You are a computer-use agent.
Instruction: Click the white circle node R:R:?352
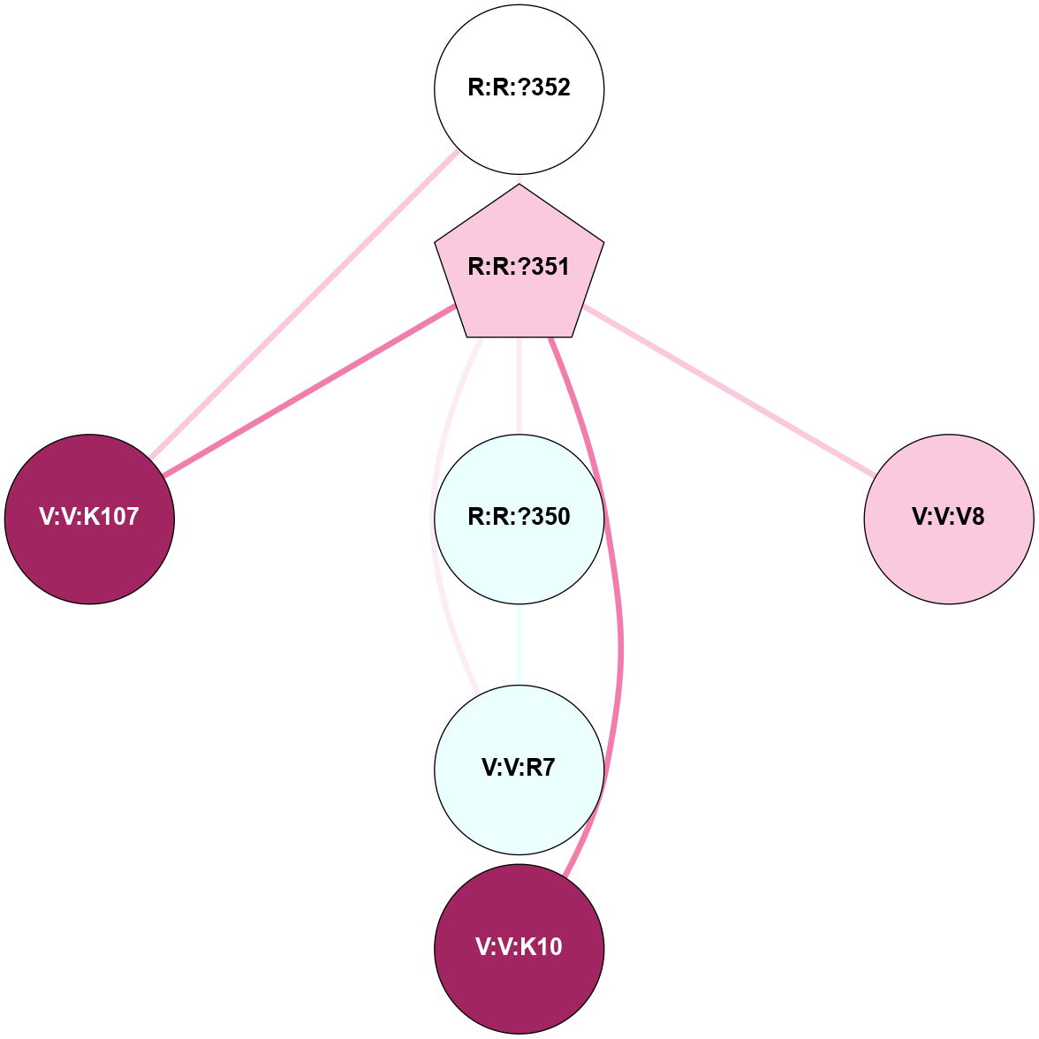[x=519, y=53]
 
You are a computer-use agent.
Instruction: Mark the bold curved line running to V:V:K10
[x=622, y=636]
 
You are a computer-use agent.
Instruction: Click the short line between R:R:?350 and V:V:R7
[x=519, y=644]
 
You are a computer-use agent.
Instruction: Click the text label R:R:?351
[x=519, y=267]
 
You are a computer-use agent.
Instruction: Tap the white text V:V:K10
[x=519, y=947]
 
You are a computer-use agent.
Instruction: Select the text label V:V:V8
[x=948, y=517]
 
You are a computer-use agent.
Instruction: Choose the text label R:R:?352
[x=519, y=87]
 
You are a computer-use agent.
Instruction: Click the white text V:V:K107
[x=89, y=517]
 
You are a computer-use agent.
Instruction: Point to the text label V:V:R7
[x=519, y=768]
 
